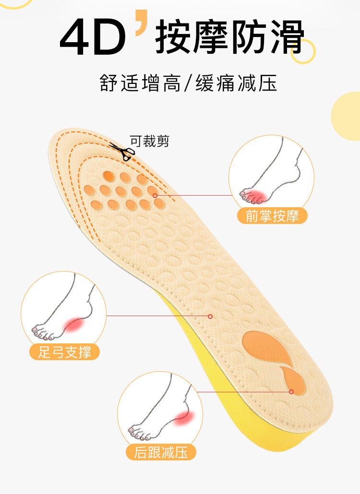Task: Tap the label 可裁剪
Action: coord(149,141)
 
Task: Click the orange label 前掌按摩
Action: coord(272,216)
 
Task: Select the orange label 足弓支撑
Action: coord(65,353)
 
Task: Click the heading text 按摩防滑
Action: coord(229,37)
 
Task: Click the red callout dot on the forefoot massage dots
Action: coord(155,195)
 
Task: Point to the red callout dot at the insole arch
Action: coord(210,316)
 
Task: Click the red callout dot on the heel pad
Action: coord(291,392)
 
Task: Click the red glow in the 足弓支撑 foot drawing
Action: coord(75,326)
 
